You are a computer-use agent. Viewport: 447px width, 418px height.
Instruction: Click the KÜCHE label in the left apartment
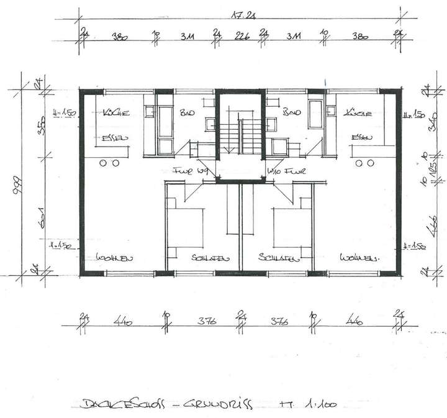pyautogui.click(x=116, y=114)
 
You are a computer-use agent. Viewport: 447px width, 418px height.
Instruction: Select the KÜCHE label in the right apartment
pyautogui.click(x=358, y=114)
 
